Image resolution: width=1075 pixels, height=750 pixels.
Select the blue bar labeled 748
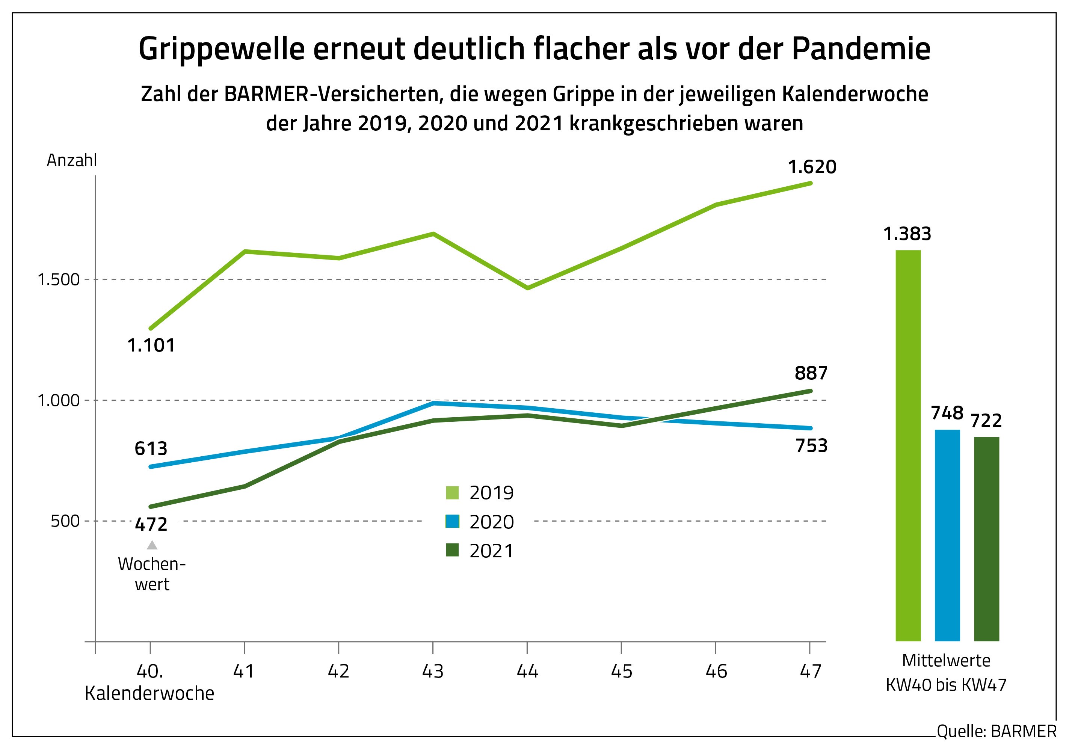(947, 535)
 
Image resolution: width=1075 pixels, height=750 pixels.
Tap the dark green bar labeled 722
(986, 539)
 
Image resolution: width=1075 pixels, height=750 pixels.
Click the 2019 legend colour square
(452, 492)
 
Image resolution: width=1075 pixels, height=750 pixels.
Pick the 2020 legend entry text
(492, 522)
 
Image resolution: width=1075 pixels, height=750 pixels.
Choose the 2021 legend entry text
(492, 551)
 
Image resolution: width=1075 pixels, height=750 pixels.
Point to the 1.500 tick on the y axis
(59, 280)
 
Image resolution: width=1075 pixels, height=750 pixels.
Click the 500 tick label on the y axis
(66, 521)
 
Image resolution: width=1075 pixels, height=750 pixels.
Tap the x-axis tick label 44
(527, 672)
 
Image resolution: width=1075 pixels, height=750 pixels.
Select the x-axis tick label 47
(811, 672)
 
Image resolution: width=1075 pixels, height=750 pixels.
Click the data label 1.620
(812, 167)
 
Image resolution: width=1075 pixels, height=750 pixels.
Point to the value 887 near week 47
(811, 373)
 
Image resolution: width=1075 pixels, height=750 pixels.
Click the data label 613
(151, 448)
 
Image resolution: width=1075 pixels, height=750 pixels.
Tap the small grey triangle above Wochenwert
(152, 545)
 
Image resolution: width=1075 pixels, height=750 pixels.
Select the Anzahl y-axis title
(72, 161)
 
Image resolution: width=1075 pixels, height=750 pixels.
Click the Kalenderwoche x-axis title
(149, 693)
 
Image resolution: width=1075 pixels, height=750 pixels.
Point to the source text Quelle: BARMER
(996, 731)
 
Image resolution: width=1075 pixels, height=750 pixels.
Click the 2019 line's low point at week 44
(528, 288)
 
